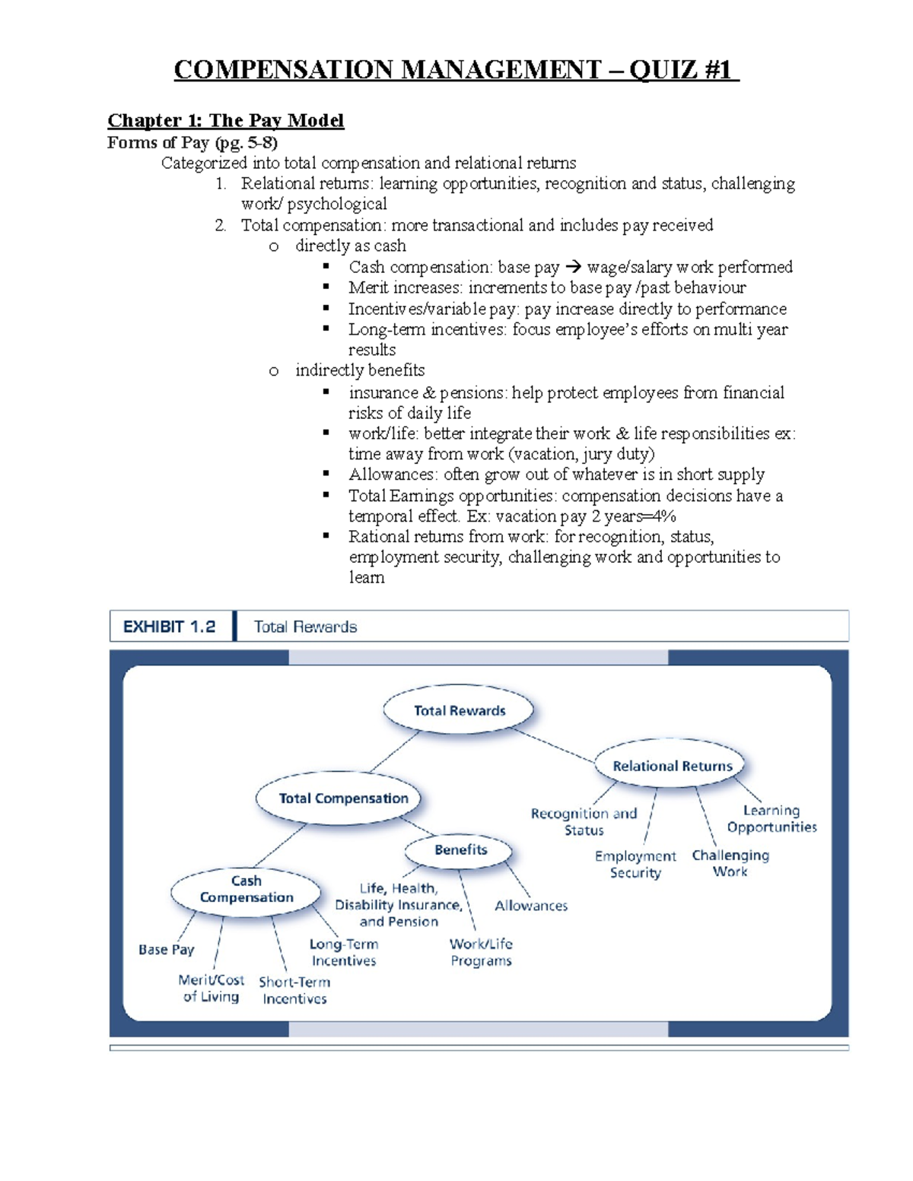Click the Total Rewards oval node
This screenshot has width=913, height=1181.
459,711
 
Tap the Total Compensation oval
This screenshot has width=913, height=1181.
342,798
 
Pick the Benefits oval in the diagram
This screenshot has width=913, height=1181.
460,850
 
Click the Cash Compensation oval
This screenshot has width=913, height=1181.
246,890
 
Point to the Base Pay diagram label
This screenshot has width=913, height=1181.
166,950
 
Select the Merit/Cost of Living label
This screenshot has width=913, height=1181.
211,989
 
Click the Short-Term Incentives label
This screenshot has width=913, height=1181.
294,990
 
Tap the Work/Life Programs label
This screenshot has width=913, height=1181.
481,952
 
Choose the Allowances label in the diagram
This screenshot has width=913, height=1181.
531,906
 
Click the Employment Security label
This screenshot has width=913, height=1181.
635,865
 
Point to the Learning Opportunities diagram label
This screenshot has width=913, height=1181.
771,819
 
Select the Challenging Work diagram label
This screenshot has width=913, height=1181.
730,863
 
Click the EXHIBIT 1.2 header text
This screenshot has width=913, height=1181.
169,627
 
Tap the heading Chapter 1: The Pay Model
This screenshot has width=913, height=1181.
225,120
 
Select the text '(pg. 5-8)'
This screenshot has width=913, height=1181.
246,142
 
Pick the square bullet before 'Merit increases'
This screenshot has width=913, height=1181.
326,287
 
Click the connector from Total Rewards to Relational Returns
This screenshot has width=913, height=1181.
554,744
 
